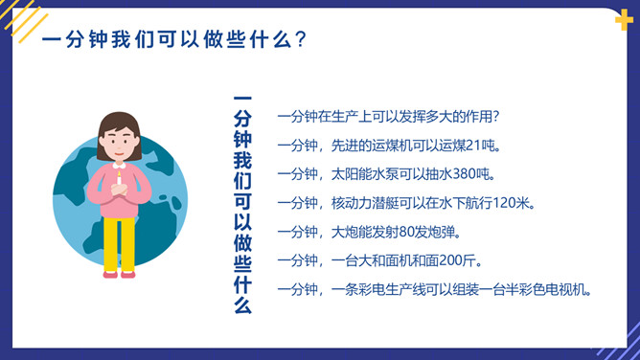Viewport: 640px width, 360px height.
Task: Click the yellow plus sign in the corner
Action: (624, 22)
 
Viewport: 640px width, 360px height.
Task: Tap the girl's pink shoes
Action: (119, 274)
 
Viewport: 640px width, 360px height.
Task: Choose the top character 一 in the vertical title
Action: (242, 100)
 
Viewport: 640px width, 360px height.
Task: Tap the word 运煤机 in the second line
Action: (389, 146)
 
